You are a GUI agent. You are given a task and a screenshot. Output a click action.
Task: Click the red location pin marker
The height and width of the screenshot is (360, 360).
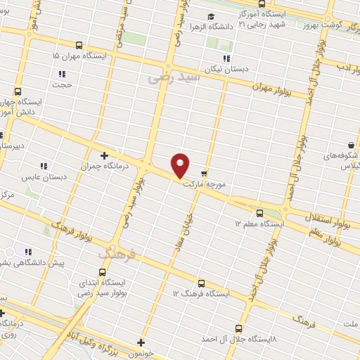[x=181, y=165]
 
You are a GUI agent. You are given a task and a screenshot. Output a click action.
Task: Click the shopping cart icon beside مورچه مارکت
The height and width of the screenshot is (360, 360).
[x=204, y=173]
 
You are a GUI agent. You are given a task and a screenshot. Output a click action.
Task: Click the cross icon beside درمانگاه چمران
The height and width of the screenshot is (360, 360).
[x=104, y=155]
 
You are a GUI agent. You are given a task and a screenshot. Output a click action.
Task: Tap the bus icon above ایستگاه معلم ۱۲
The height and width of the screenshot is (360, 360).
[x=259, y=212]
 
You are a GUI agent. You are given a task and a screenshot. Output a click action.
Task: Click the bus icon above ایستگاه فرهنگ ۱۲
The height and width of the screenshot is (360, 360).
[x=201, y=283]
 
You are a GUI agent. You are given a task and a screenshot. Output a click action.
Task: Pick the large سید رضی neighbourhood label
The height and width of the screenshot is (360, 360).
[x=174, y=77]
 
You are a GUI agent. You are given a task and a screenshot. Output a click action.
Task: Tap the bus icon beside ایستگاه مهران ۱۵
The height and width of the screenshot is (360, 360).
[x=77, y=44]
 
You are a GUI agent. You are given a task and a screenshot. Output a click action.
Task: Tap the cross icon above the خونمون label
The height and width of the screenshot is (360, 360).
[x=141, y=343]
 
